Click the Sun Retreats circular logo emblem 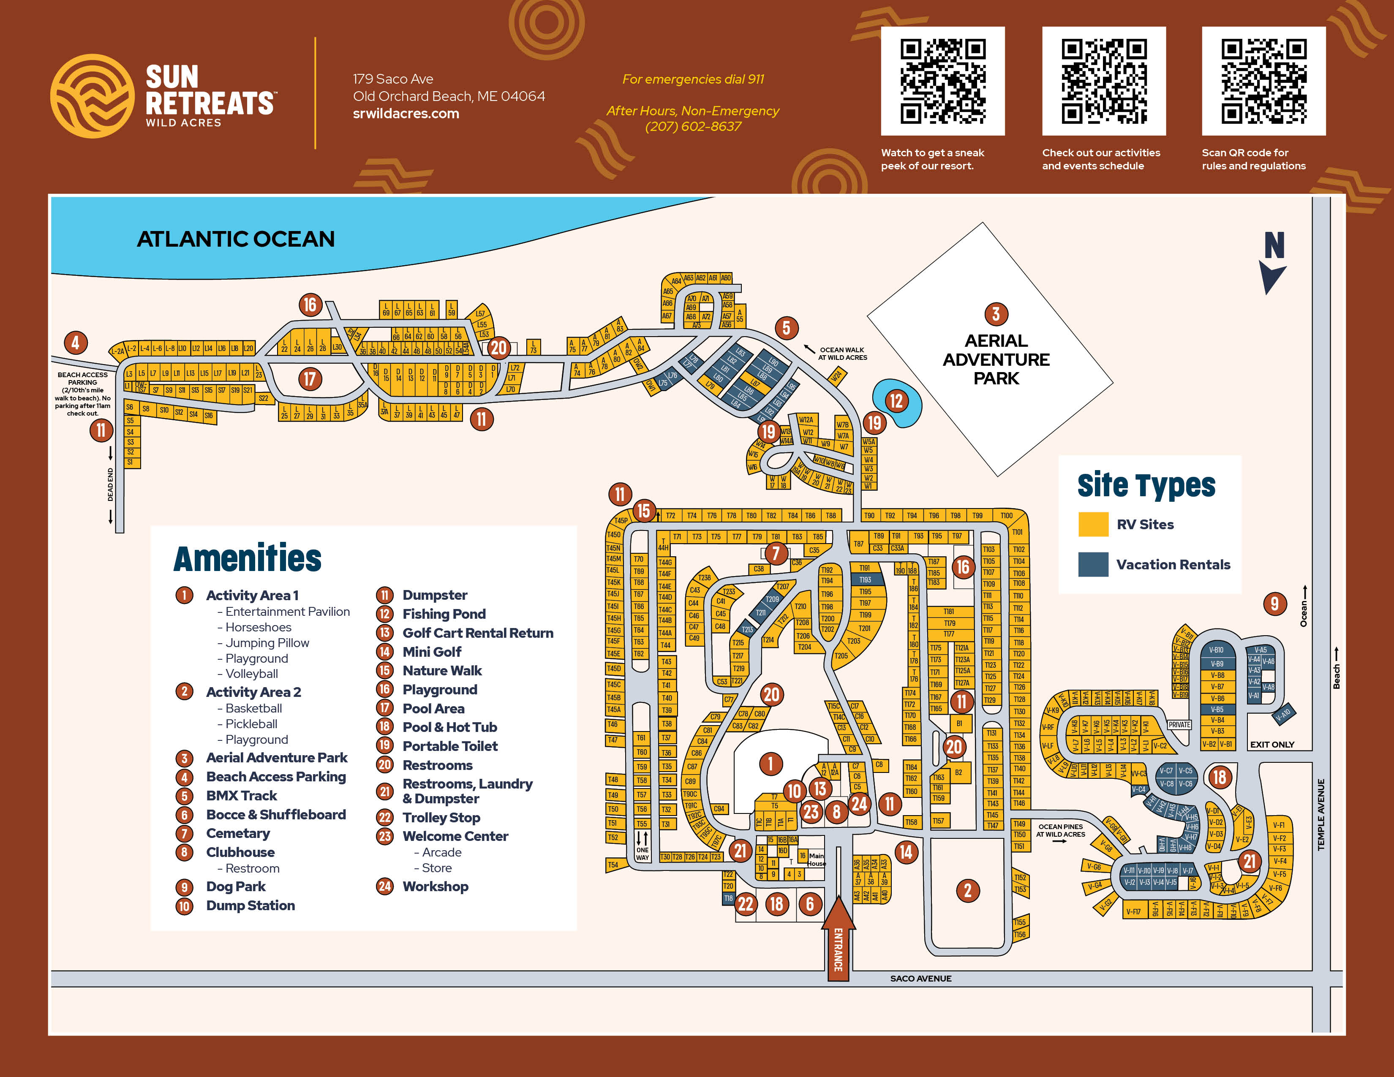point(92,96)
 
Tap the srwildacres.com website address point(406,114)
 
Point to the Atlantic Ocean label point(236,239)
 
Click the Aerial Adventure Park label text point(996,359)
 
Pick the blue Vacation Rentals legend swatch point(1093,564)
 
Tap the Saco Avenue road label point(920,978)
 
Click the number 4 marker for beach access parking point(75,343)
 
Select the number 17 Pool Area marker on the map point(310,379)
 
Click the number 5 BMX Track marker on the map point(787,328)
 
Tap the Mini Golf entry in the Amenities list point(431,651)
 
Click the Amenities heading point(248,558)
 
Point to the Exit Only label point(1271,745)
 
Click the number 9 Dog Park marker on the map point(1274,603)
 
